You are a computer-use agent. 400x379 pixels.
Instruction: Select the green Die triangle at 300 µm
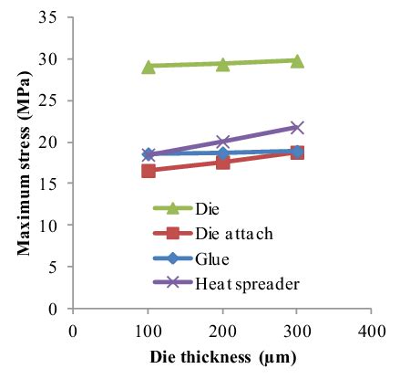pyautogui.click(x=296, y=61)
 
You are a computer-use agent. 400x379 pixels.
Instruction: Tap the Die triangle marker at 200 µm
pyautogui.click(x=222, y=64)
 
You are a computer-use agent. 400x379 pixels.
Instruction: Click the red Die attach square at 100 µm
pyautogui.click(x=149, y=171)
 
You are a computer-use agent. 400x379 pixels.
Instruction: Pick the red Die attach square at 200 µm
pyautogui.click(x=222, y=162)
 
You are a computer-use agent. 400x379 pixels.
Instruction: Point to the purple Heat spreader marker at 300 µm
pyautogui.click(x=296, y=127)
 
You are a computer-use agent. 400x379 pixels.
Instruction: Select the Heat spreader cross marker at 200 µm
pyautogui.click(x=222, y=142)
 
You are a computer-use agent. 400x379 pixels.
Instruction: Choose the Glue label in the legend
pyautogui.click(x=213, y=260)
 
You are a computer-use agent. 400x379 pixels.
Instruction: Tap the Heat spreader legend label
pyautogui.click(x=246, y=283)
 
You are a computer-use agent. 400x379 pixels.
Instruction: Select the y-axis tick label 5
pyautogui.click(x=58, y=267)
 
